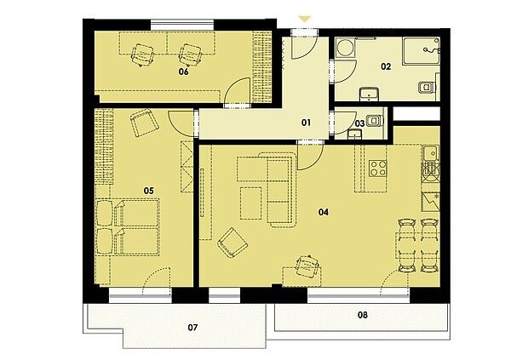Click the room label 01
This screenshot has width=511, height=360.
tap(306, 123)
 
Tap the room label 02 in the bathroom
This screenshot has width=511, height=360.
tap(386, 66)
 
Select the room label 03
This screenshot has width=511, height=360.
tap(359, 123)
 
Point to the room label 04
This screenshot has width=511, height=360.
tap(324, 213)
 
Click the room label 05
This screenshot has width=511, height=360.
tap(148, 191)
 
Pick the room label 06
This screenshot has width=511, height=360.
tap(183, 71)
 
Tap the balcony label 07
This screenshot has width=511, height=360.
tap(192, 328)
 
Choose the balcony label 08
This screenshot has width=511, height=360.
tap(363, 315)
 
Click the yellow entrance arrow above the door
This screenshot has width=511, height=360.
tap(305, 20)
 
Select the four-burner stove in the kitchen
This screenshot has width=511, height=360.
tap(377, 169)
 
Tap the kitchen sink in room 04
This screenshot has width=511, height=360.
tap(431, 154)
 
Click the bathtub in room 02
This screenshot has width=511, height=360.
tap(422, 51)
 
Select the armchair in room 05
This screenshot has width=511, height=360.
tap(145, 123)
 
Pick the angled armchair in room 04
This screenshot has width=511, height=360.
tap(233, 243)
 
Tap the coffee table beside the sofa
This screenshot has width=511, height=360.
tap(251, 203)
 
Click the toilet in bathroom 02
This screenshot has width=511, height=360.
tap(427, 87)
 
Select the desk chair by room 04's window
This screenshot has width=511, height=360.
tap(307, 266)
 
